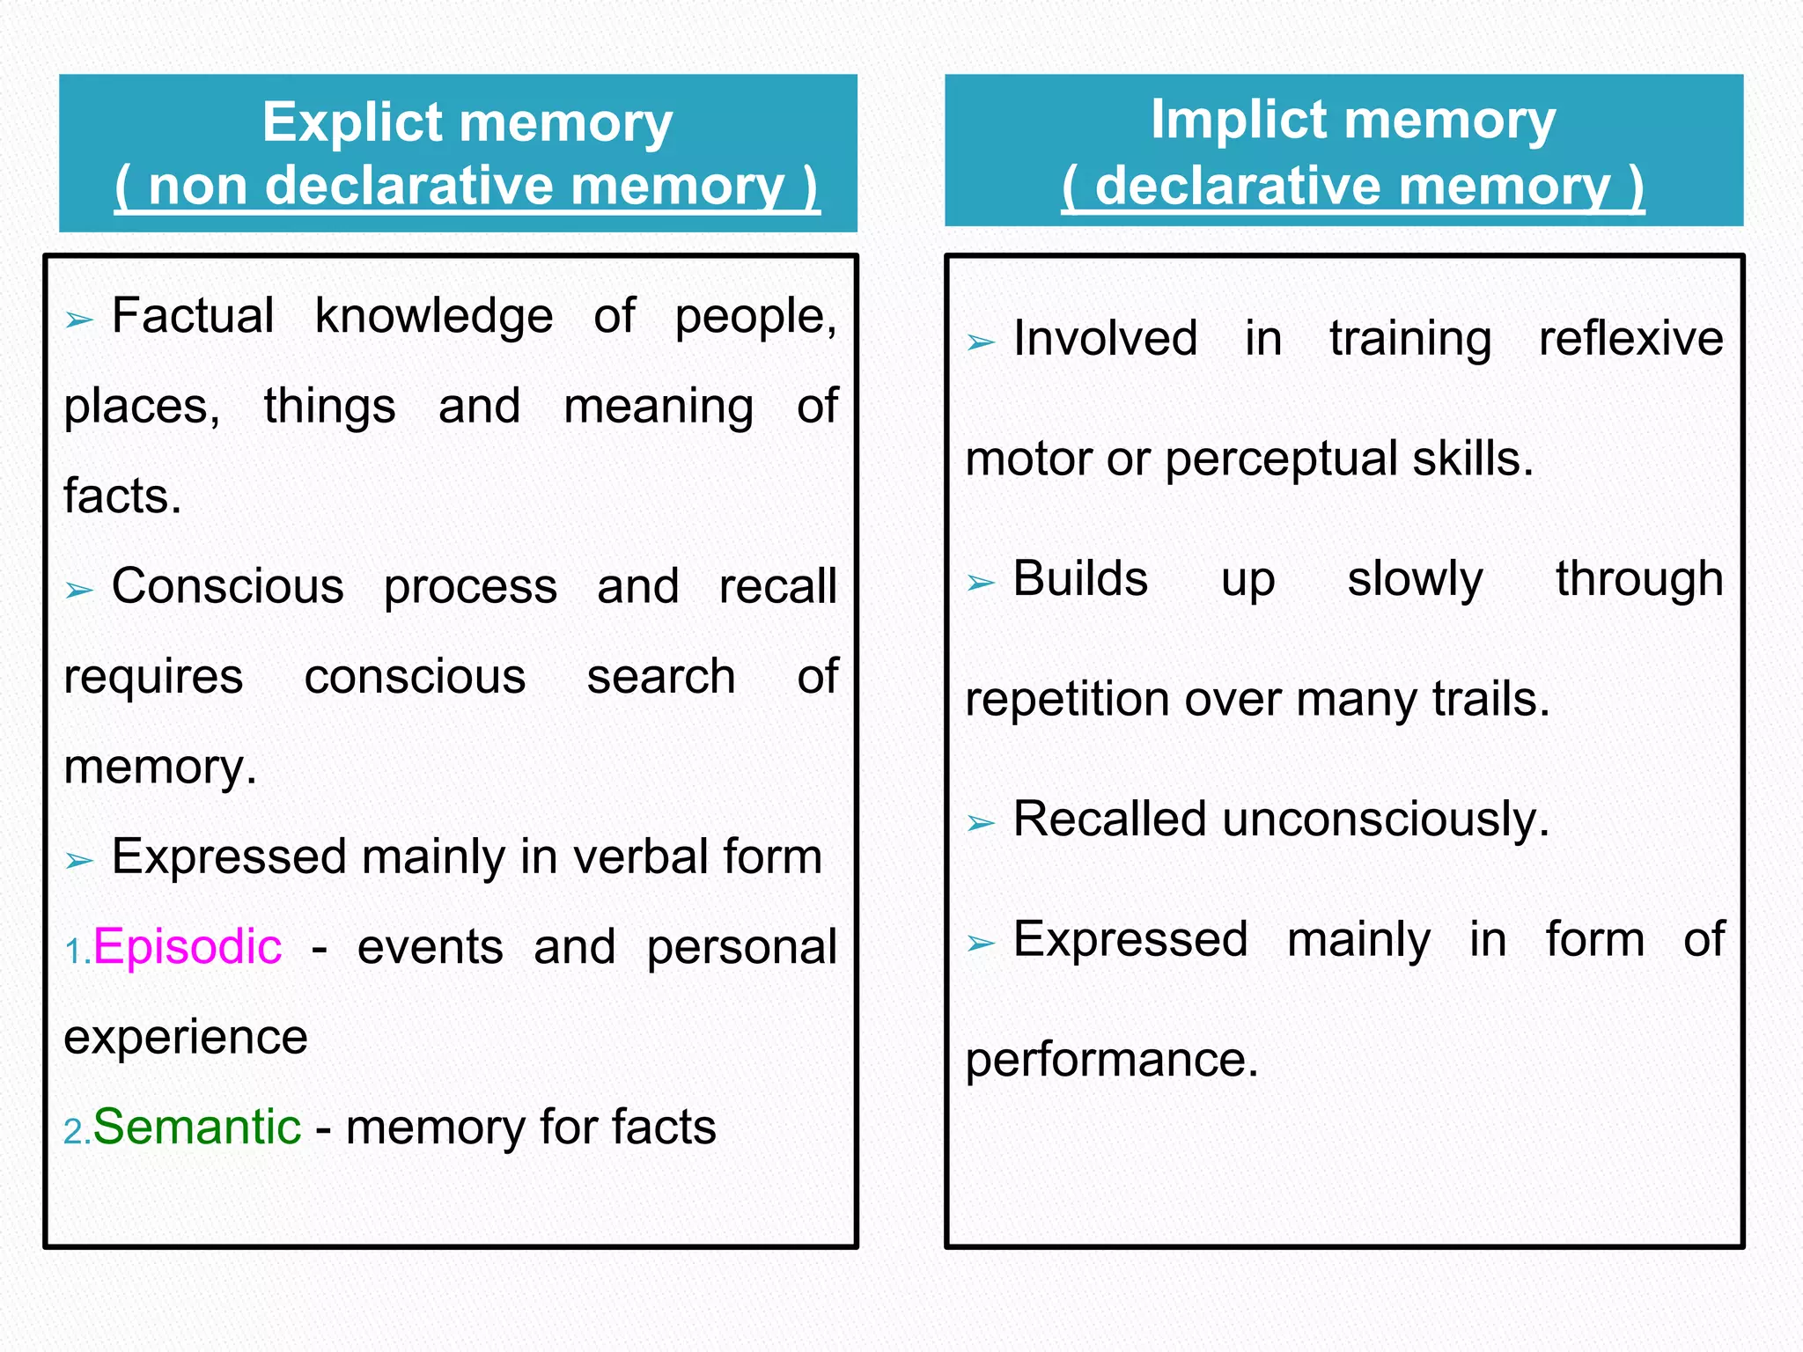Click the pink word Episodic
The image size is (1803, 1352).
pyautogui.click(x=188, y=947)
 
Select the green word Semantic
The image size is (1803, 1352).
pyautogui.click(x=197, y=1127)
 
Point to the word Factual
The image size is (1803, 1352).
pyautogui.click(x=193, y=316)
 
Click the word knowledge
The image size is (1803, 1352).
pyautogui.click(x=434, y=317)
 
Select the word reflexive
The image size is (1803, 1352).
pyautogui.click(x=1630, y=339)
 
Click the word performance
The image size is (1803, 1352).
pyautogui.click(x=1111, y=1060)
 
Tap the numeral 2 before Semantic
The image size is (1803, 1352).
pyautogui.click(x=73, y=1132)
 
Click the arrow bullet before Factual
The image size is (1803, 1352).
pyautogui.click(x=79, y=320)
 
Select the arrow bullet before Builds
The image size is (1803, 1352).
pyautogui.click(x=981, y=583)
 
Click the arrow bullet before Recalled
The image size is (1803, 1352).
pyautogui.click(x=981, y=823)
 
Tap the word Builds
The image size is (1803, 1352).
pyautogui.click(x=1080, y=579)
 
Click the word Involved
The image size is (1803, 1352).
pyautogui.click(x=1105, y=339)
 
